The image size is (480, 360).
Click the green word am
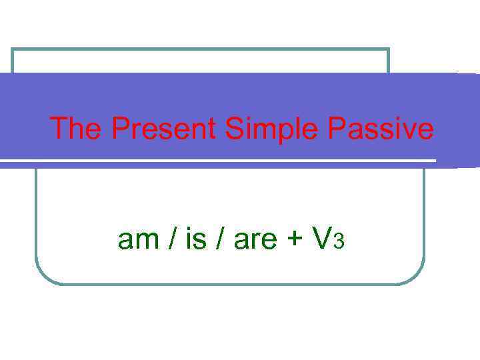(x=138, y=239)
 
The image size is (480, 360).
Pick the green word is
(x=195, y=239)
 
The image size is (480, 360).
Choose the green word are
(x=255, y=239)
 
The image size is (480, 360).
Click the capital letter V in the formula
(x=322, y=238)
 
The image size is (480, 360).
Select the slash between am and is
(x=171, y=239)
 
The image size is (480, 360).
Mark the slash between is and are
(x=220, y=239)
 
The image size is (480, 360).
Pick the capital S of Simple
(x=234, y=129)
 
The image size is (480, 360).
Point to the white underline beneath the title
(x=220, y=161)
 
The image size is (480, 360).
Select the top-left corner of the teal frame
(x=13, y=50)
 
